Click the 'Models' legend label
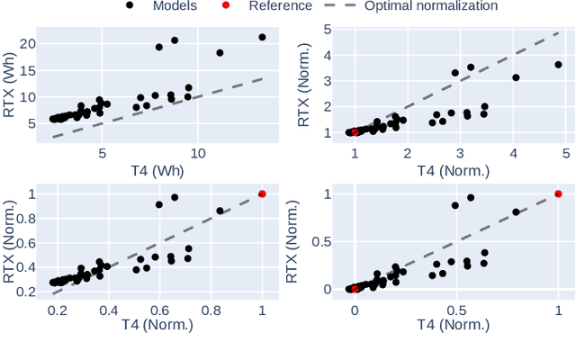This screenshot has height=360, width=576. (175, 6)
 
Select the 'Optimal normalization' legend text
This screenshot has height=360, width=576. (431, 6)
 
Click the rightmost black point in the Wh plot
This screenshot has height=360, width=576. (262, 38)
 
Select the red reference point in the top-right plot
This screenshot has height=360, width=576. (355, 132)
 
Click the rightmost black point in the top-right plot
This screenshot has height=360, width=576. (558, 65)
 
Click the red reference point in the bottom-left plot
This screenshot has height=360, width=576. (262, 193)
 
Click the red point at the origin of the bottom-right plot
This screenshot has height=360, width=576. (355, 289)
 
